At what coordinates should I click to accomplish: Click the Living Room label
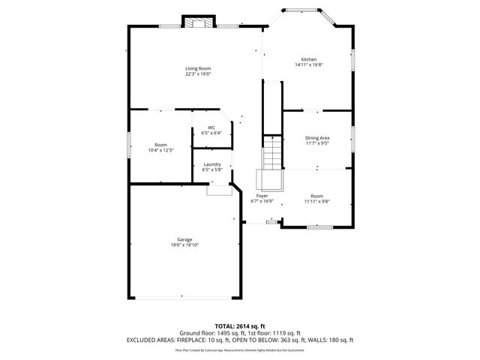[198, 68]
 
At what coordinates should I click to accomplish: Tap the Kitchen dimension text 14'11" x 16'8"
[308, 65]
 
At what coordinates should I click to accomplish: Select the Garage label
[184, 239]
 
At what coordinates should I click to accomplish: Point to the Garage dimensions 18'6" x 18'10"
[184, 244]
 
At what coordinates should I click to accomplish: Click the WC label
[211, 127]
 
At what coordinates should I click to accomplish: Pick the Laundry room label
[211, 164]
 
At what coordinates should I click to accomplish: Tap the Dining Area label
[317, 137]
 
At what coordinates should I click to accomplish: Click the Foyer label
[262, 196]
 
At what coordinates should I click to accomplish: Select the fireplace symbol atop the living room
[199, 22]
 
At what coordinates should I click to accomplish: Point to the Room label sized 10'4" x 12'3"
[160, 145]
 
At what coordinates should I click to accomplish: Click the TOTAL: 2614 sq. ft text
[239, 326]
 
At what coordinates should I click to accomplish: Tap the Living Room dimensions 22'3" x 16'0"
[198, 73]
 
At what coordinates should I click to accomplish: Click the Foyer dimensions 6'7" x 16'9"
[262, 201]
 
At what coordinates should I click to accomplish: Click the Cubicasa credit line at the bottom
[239, 349]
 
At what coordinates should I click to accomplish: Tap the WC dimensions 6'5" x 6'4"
[211, 133]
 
